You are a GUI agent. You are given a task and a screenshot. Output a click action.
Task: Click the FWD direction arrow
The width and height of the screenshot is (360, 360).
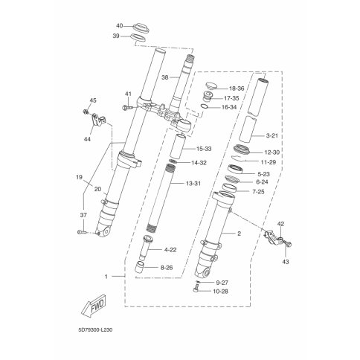coord(94,305)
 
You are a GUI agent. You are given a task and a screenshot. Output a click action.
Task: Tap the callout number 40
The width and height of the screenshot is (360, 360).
coord(120,26)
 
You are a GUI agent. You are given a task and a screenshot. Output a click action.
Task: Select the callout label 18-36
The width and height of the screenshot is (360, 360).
coord(237,89)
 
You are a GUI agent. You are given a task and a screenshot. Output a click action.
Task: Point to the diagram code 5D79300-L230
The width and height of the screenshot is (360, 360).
coord(95,330)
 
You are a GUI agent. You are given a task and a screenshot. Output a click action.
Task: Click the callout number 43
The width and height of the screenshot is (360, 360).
coord(286,262)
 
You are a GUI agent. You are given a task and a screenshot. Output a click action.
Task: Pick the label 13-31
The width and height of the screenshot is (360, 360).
coord(193,184)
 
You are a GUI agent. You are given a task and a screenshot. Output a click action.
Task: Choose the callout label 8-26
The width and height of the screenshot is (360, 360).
coord(167,268)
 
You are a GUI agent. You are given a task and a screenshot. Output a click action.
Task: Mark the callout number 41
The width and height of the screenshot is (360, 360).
coord(128,94)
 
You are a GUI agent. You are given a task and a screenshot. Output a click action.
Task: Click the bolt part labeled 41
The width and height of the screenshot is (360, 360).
coord(127,107)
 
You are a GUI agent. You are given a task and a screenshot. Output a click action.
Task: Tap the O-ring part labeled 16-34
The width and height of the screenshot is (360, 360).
coord(204,106)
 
